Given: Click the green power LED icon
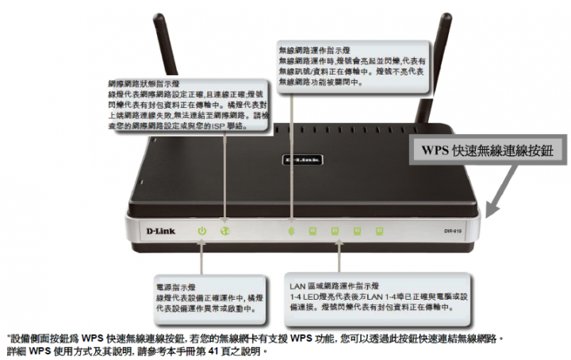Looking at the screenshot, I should [202, 231].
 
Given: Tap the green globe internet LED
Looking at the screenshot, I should [224, 231].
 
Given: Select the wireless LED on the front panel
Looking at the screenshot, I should [291, 231].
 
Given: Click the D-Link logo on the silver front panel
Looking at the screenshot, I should [163, 231].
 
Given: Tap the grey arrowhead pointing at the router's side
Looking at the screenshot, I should [493, 208].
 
